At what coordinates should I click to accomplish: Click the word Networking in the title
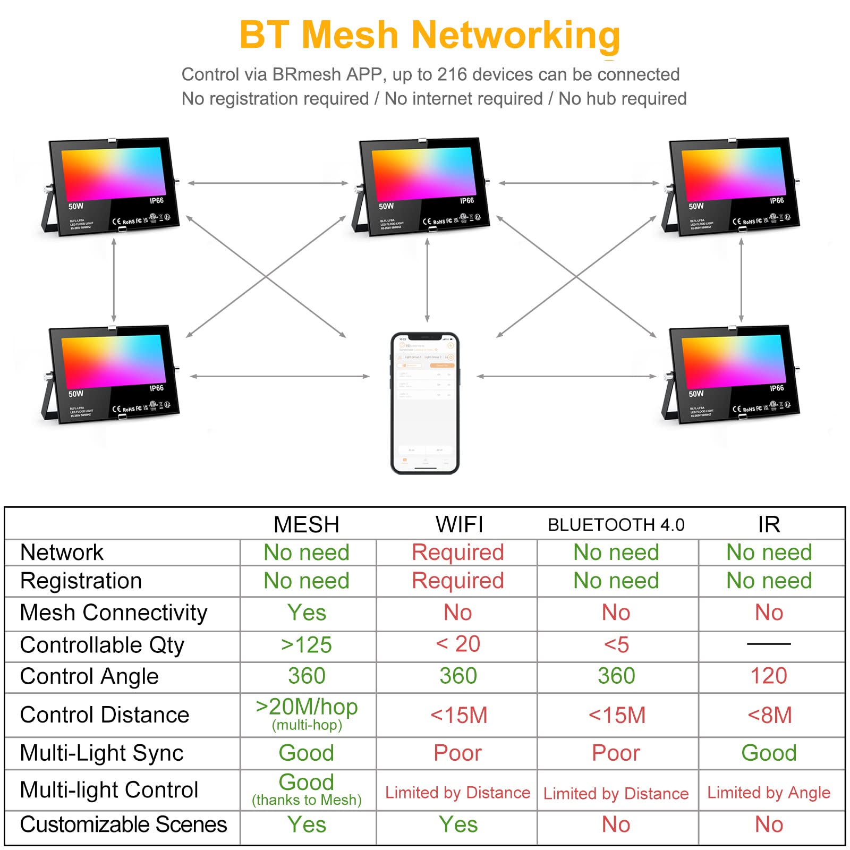[515, 35]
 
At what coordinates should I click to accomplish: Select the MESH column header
[307, 524]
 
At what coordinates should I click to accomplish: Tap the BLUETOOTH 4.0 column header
[616, 525]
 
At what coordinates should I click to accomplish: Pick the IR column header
[769, 524]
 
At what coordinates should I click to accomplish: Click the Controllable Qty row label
[102, 645]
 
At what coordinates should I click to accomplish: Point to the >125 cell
[307, 645]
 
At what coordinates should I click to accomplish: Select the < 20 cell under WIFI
[458, 644]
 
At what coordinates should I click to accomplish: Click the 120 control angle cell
[769, 676]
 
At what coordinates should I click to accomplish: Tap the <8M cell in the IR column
[769, 715]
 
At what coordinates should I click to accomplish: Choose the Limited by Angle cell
[769, 792]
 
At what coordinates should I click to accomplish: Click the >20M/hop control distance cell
[307, 708]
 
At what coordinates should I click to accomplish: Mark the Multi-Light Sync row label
[102, 753]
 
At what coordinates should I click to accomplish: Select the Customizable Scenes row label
[123, 824]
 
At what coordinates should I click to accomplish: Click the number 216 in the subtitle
[452, 74]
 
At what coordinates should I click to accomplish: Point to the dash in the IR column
[769, 644]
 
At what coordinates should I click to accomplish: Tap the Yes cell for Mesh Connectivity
[307, 613]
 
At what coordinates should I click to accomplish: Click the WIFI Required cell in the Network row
[458, 552]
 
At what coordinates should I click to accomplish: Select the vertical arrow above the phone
[428, 280]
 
